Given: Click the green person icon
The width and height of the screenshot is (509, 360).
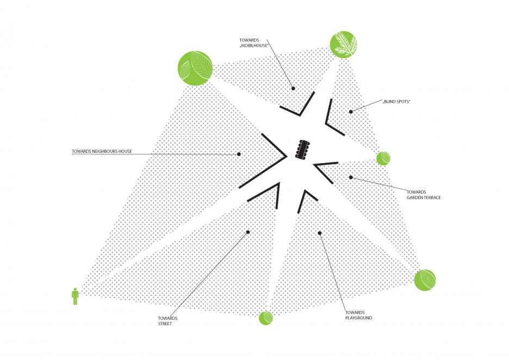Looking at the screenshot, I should [75, 296].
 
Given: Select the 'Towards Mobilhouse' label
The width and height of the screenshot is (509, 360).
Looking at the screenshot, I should [254, 43].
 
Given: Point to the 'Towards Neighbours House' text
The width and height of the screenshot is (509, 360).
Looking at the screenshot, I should [102, 151].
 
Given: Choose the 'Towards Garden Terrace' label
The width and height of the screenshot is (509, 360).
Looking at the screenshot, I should [423, 195].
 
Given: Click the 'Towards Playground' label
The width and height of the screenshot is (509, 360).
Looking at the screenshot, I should [358, 315].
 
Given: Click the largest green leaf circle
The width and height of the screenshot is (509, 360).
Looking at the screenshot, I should [195, 68].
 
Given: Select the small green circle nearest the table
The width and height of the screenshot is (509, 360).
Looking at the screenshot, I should [383, 158].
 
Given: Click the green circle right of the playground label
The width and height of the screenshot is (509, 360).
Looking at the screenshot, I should [425, 280].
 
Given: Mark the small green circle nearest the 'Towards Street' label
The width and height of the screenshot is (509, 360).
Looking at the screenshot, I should [265, 318].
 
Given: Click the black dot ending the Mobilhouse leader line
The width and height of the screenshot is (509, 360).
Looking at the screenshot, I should [293, 88].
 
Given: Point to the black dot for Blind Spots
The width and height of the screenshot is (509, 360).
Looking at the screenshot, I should [351, 111].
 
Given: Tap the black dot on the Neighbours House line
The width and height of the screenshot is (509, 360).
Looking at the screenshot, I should [239, 154].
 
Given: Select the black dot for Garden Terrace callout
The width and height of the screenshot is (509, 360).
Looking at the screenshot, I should [351, 177].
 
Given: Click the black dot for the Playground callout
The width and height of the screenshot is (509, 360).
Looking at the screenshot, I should [320, 233].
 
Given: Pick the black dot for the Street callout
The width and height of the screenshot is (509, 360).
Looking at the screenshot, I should [247, 232].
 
